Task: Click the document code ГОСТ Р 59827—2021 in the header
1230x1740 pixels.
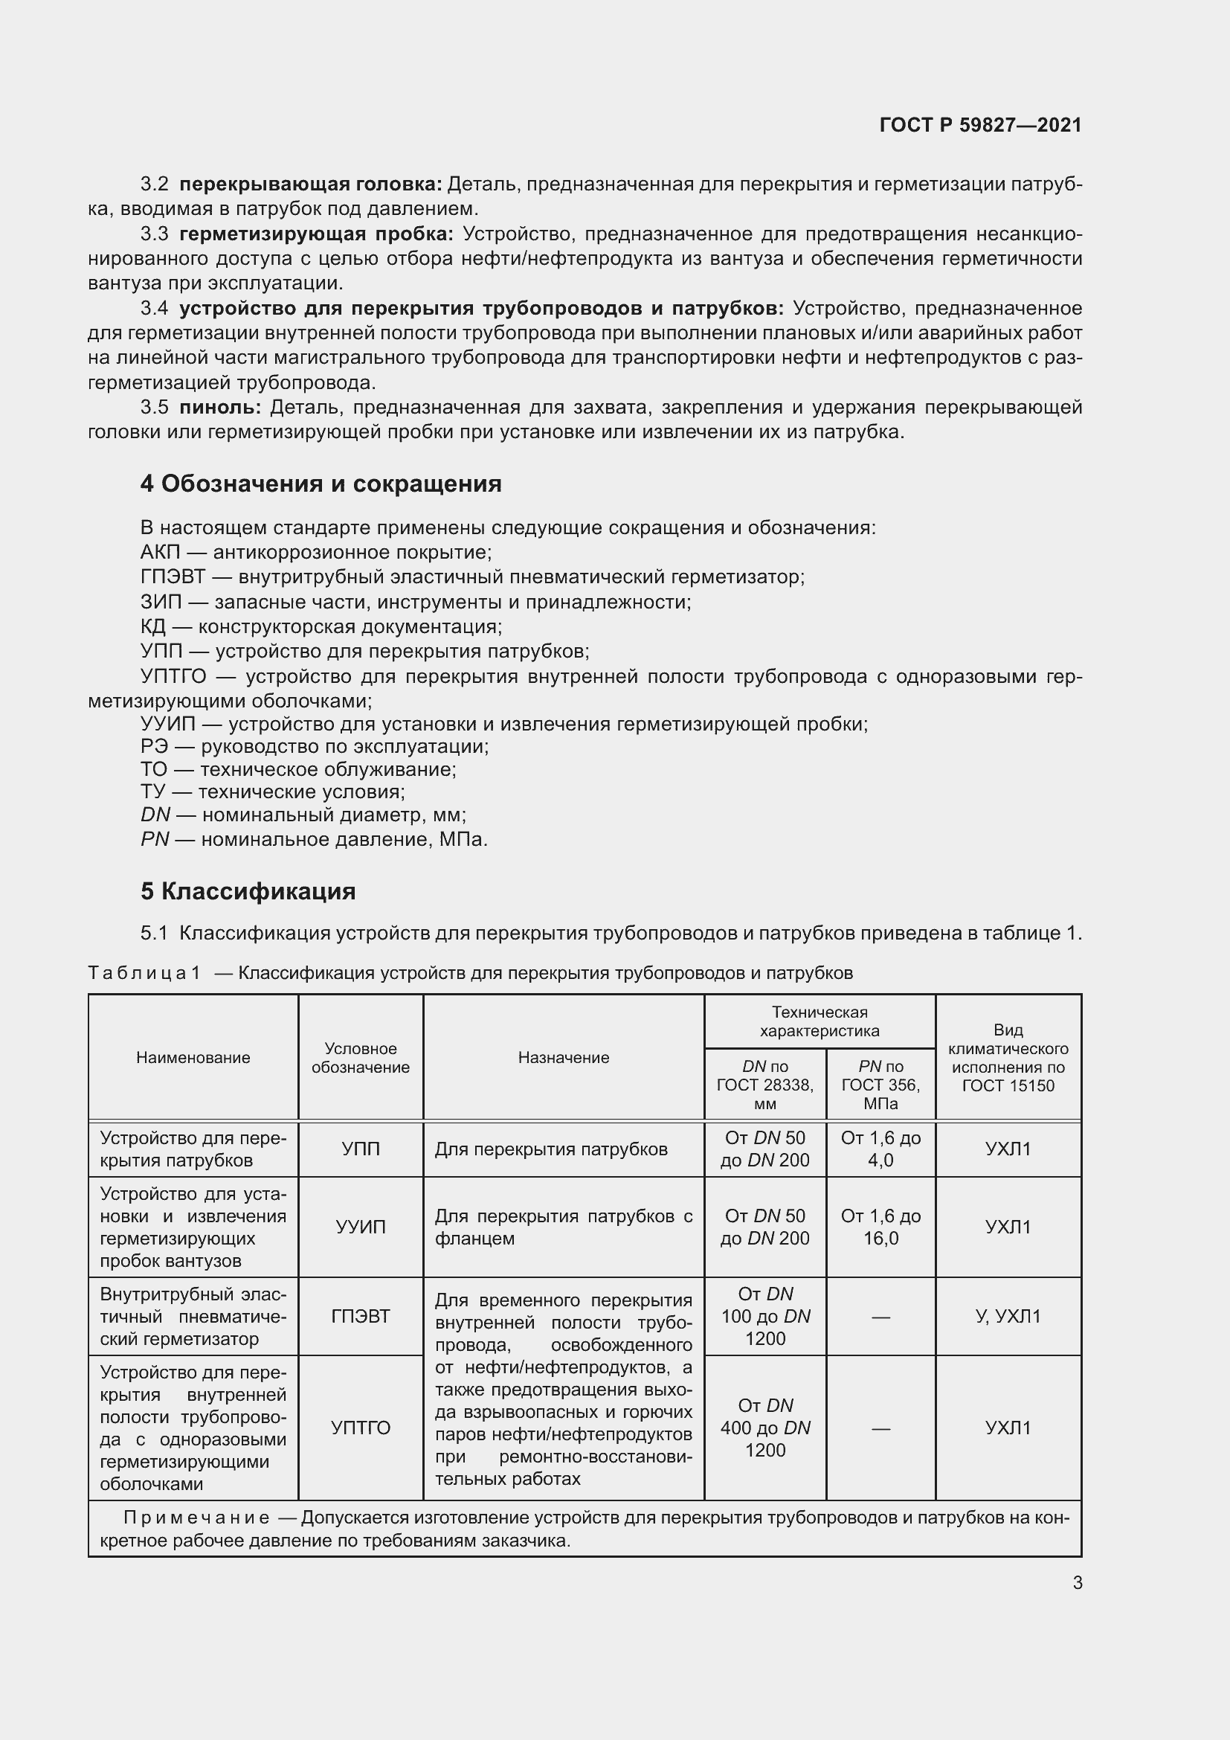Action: [x=980, y=125]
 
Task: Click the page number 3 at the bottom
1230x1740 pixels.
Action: [x=1077, y=1583]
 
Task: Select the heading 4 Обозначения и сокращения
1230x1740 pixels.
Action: [x=321, y=484]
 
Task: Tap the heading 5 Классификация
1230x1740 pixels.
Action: [x=248, y=891]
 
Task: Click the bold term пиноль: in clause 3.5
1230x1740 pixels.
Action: [x=219, y=408]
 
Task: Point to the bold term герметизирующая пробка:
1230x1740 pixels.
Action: [x=316, y=234]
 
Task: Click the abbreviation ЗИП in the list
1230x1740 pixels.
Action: [x=161, y=603]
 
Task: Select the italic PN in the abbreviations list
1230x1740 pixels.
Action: [x=155, y=840]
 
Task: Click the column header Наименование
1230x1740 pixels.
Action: [x=193, y=1058]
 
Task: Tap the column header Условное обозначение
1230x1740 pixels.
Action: [x=361, y=1058]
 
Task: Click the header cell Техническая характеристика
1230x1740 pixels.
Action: [x=820, y=1021]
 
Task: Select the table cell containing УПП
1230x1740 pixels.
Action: [x=361, y=1149]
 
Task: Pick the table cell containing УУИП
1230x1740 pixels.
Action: [x=361, y=1227]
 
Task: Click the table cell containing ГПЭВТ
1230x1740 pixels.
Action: [x=361, y=1317]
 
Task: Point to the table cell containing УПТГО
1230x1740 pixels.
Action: [x=361, y=1428]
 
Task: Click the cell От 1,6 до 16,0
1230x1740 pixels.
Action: [x=880, y=1227]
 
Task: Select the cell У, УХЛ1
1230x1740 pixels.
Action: [x=1008, y=1317]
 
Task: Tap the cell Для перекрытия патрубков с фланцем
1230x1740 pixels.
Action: [x=563, y=1227]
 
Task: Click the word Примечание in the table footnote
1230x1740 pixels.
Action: [x=196, y=1518]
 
